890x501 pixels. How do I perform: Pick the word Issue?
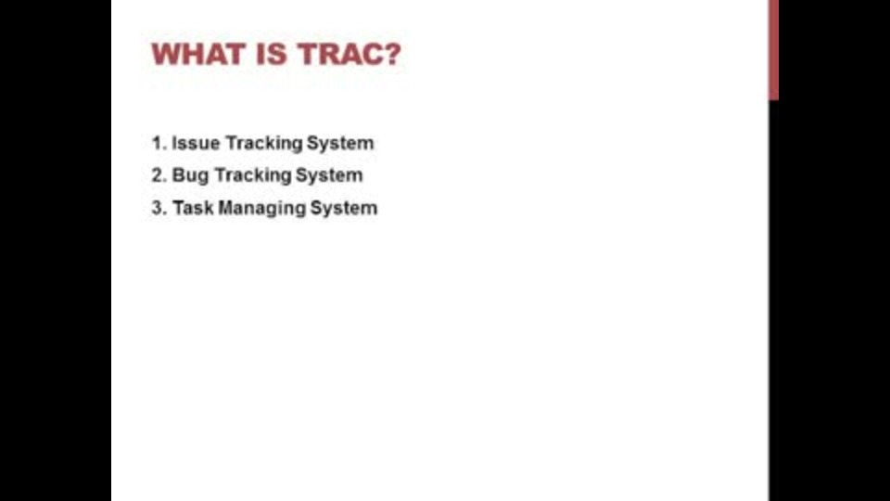click(196, 143)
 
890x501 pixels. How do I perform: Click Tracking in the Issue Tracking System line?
click(263, 144)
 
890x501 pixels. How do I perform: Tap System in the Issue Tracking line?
click(340, 144)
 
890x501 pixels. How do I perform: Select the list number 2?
click(159, 175)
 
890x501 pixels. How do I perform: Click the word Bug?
click(190, 176)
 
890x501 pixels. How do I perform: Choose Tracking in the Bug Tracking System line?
click(252, 176)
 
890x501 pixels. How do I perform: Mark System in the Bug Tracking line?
click(329, 175)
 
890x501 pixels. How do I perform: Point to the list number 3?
click(159, 208)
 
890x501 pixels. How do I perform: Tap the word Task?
click(193, 208)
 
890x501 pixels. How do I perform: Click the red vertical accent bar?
click(773, 50)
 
